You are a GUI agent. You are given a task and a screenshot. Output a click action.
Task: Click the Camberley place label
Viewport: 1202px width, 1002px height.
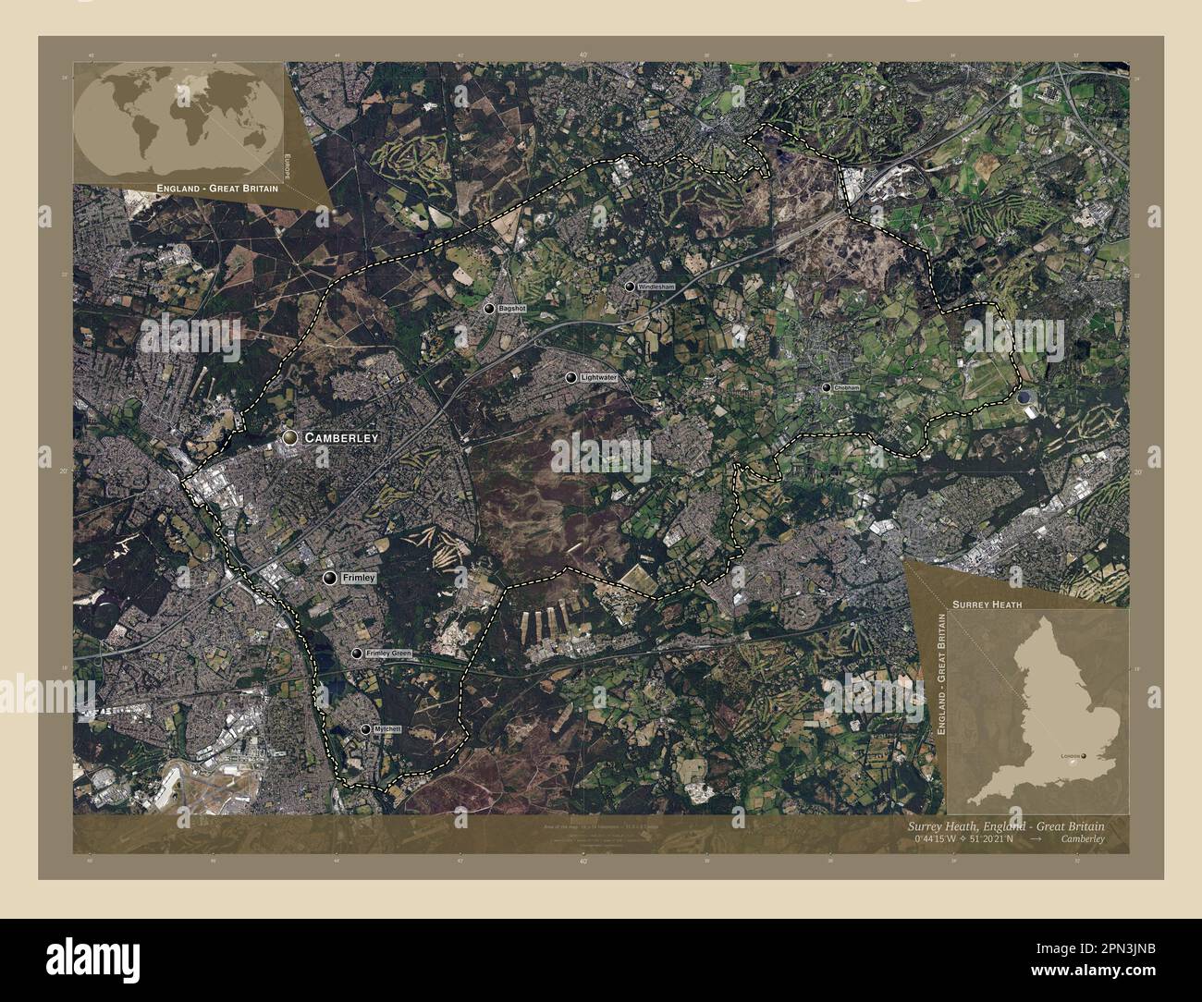pyautogui.click(x=341, y=437)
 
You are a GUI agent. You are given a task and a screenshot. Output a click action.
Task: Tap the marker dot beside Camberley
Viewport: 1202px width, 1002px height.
pyautogui.click(x=291, y=437)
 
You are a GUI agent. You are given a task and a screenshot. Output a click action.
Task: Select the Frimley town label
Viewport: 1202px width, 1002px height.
pyautogui.click(x=358, y=578)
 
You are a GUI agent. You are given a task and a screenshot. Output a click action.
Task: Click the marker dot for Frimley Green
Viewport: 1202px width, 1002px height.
pyautogui.click(x=356, y=654)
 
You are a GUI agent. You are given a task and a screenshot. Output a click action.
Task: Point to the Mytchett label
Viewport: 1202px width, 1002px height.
pyautogui.click(x=395, y=729)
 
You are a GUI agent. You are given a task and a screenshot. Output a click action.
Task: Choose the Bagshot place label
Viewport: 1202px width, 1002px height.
pyautogui.click(x=511, y=308)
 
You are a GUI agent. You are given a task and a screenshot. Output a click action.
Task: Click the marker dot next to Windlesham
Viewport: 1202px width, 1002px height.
pyautogui.click(x=630, y=287)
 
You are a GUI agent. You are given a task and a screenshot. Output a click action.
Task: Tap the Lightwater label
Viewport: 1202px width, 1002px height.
pyautogui.click(x=598, y=378)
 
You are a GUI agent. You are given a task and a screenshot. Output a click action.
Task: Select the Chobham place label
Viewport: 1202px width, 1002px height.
pyautogui.click(x=846, y=388)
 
